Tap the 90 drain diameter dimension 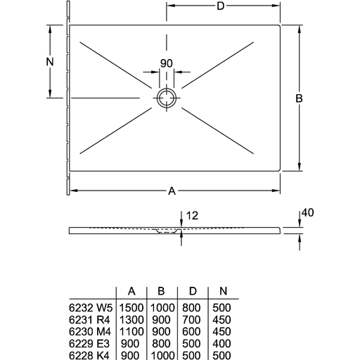167,63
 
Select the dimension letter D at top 220,6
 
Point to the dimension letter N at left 50,62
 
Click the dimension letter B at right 299,98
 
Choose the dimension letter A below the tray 172,191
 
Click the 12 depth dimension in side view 192,216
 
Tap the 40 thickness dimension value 307,212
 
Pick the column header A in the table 131,291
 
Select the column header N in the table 224,291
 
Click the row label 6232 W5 91,308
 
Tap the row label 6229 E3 89,344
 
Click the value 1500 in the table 131,308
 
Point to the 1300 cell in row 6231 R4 131,320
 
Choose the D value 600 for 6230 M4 191,332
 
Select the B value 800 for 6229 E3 161,344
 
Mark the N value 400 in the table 221,344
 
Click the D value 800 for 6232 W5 191,308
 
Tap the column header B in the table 161,291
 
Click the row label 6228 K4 89,356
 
